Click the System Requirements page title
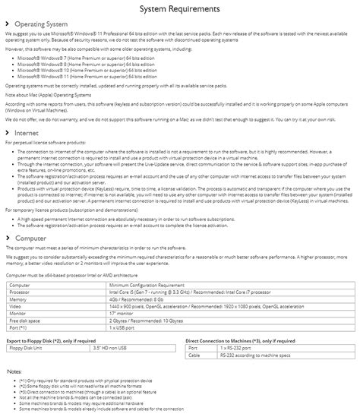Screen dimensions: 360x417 tap(180, 8)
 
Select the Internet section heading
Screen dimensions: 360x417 tap(28, 133)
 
